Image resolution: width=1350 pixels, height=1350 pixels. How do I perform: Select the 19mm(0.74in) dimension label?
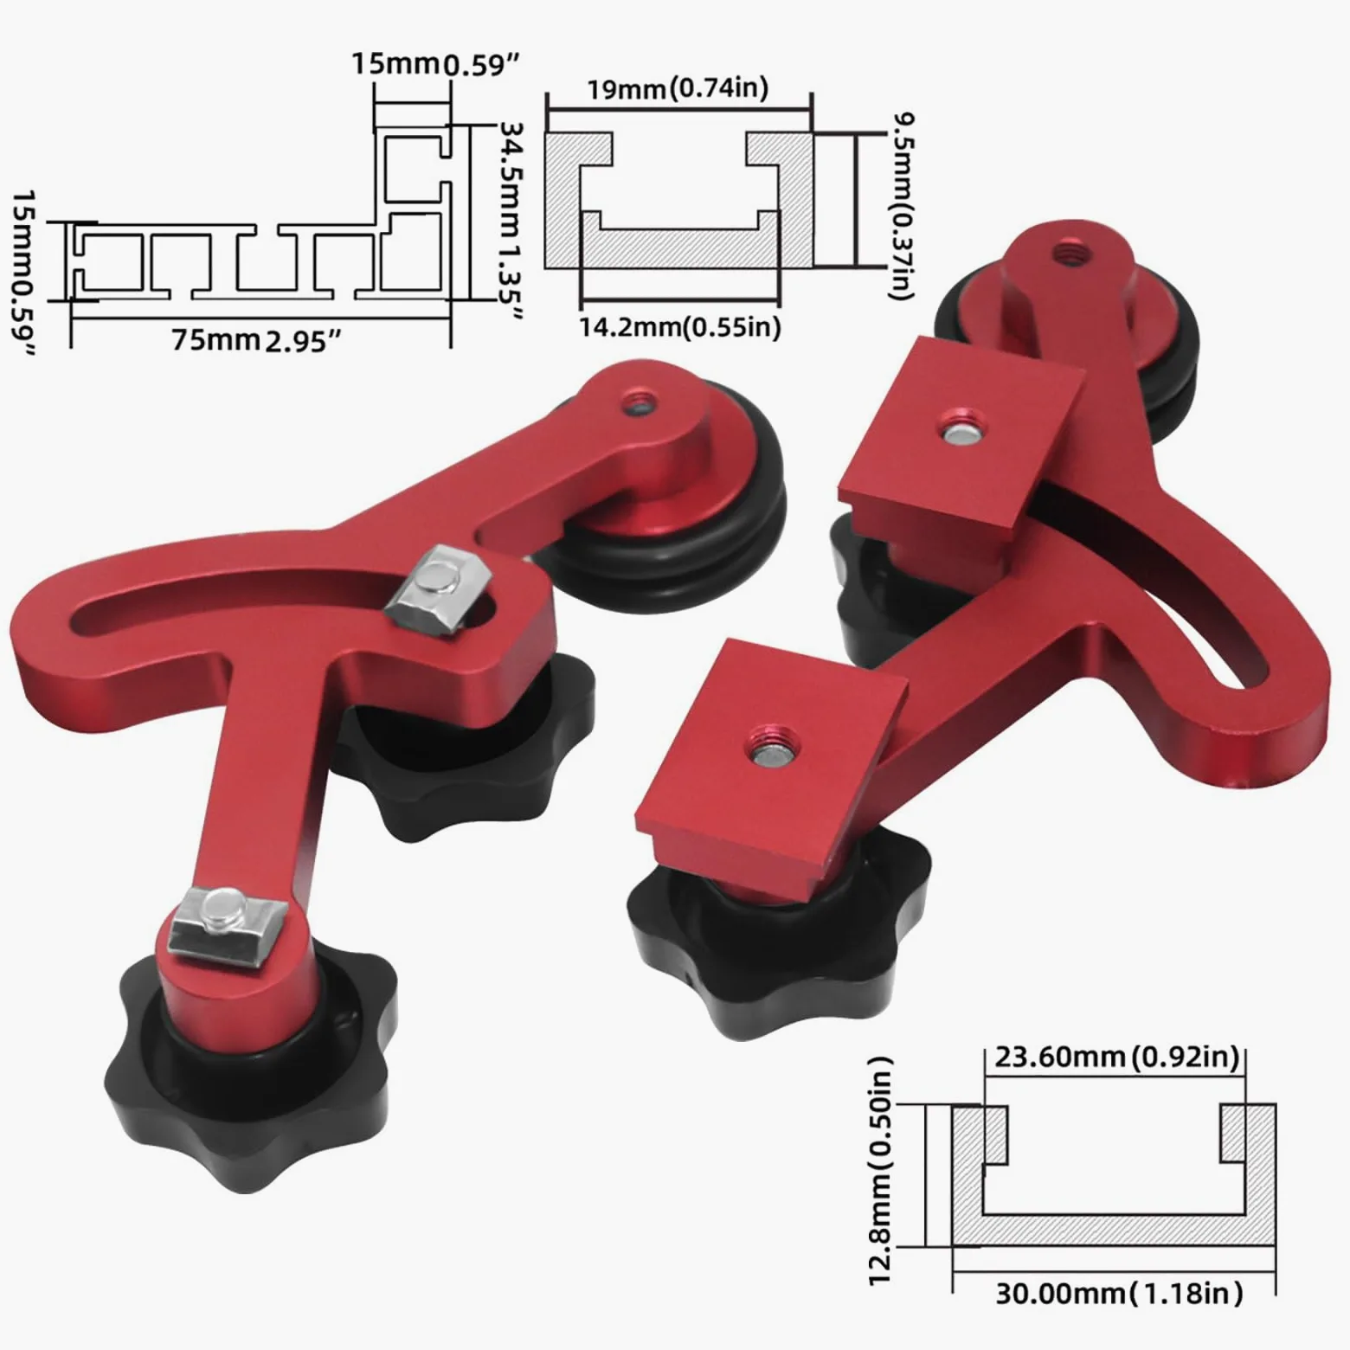(x=678, y=88)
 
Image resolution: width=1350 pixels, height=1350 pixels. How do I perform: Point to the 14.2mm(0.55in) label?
(x=679, y=326)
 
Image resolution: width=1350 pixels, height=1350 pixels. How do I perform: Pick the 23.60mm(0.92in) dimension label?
(x=1116, y=1057)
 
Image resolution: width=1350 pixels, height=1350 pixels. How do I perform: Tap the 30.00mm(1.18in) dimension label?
(x=1118, y=1293)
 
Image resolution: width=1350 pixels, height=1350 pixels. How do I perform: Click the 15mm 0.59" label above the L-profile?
(x=434, y=64)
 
